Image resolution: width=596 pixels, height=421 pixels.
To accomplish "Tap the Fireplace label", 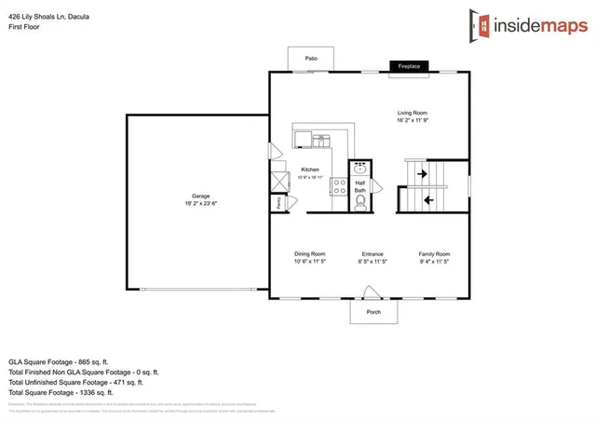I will tap(411, 67).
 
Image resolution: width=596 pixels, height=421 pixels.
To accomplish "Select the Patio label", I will tap(310, 59).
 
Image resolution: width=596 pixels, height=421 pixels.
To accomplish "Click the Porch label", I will tap(373, 312).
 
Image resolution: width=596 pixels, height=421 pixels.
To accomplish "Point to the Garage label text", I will tap(201, 197).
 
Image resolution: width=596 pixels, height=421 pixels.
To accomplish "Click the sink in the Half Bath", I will tap(361, 170).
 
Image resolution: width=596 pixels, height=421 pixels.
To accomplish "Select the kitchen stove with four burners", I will tap(337, 186).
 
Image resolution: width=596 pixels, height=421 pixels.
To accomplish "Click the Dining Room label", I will tap(309, 254).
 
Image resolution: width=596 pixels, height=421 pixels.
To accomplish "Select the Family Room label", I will tap(434, 254).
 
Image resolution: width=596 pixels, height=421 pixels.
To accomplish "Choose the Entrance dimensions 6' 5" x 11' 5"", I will tap(373, 263).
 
